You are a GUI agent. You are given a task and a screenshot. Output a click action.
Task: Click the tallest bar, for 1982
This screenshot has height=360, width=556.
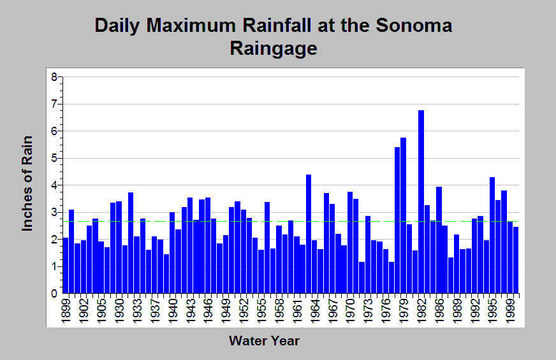point(421,201)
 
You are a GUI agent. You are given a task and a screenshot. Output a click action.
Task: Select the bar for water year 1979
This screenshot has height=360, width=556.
point(403,215)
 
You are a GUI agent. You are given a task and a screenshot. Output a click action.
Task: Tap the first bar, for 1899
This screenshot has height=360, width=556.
point(66,266)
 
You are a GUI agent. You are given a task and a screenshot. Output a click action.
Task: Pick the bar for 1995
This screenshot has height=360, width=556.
point(492,235)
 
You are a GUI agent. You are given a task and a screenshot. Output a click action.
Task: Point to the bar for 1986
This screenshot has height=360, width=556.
point(439,240)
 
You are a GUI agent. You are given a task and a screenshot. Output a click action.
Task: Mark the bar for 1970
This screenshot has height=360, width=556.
point(350,242)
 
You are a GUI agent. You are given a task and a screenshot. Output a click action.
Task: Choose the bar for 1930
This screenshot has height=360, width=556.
point(119,247)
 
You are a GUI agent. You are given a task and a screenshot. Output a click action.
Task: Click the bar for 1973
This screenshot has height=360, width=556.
point(368,255)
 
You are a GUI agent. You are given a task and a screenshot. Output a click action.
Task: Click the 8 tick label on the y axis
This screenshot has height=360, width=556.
point(54,77)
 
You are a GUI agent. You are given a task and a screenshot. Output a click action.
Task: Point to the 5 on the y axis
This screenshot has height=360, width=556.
point(54,158)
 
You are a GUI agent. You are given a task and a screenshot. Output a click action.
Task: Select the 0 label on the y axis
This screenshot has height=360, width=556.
point(54,293)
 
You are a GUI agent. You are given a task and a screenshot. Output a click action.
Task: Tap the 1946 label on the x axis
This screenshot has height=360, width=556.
point(208,311)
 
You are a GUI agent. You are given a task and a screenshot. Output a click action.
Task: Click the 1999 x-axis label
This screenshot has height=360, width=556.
point(510,311)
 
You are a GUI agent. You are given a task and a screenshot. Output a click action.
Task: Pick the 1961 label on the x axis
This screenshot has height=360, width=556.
point(297,311)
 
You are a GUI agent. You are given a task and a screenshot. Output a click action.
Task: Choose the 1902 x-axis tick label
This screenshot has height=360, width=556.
point(84,311)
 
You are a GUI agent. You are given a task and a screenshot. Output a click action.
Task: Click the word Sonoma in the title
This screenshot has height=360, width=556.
point(414,25)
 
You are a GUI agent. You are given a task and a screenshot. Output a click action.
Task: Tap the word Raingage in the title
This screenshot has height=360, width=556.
point(274,49)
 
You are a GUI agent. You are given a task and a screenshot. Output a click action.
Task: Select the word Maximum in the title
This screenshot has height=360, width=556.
point(191,25)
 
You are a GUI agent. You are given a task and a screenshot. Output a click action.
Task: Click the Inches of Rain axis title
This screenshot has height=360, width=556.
point(27,184)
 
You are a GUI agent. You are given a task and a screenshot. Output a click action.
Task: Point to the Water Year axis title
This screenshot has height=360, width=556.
point(264,341)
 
